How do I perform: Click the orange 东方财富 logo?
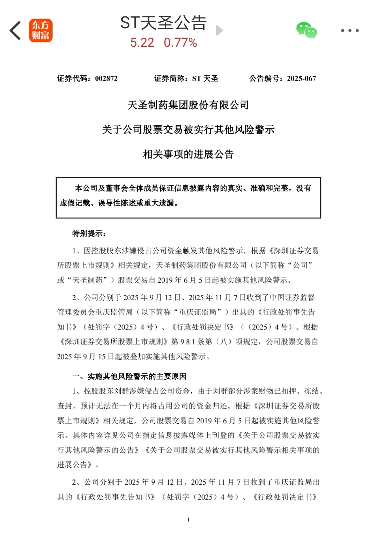(40, 31)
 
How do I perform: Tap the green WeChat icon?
(306, 30)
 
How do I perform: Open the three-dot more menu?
(350, 31)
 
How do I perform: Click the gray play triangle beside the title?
(219, 31)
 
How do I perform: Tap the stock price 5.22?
(142, 43)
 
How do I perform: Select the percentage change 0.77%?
(180, 43)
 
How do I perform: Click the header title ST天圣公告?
(163, 23)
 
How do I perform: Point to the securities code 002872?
(106, 79)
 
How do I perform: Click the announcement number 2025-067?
(302, 79)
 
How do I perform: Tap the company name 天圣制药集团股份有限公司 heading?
(188, 105)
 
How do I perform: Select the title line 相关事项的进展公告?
(188, 154)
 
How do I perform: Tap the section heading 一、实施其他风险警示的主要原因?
(129, 376)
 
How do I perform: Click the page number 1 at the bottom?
(188, 520)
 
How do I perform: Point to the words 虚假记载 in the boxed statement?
(75, 203)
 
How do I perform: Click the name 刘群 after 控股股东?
(122, 391)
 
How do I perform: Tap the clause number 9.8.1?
(187, 342)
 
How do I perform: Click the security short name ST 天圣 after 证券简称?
(205, 79)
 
